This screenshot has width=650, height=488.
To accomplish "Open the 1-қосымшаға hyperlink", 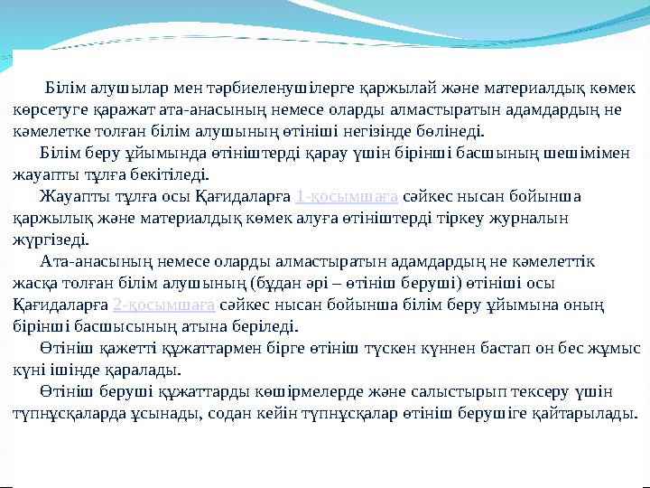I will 334,196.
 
